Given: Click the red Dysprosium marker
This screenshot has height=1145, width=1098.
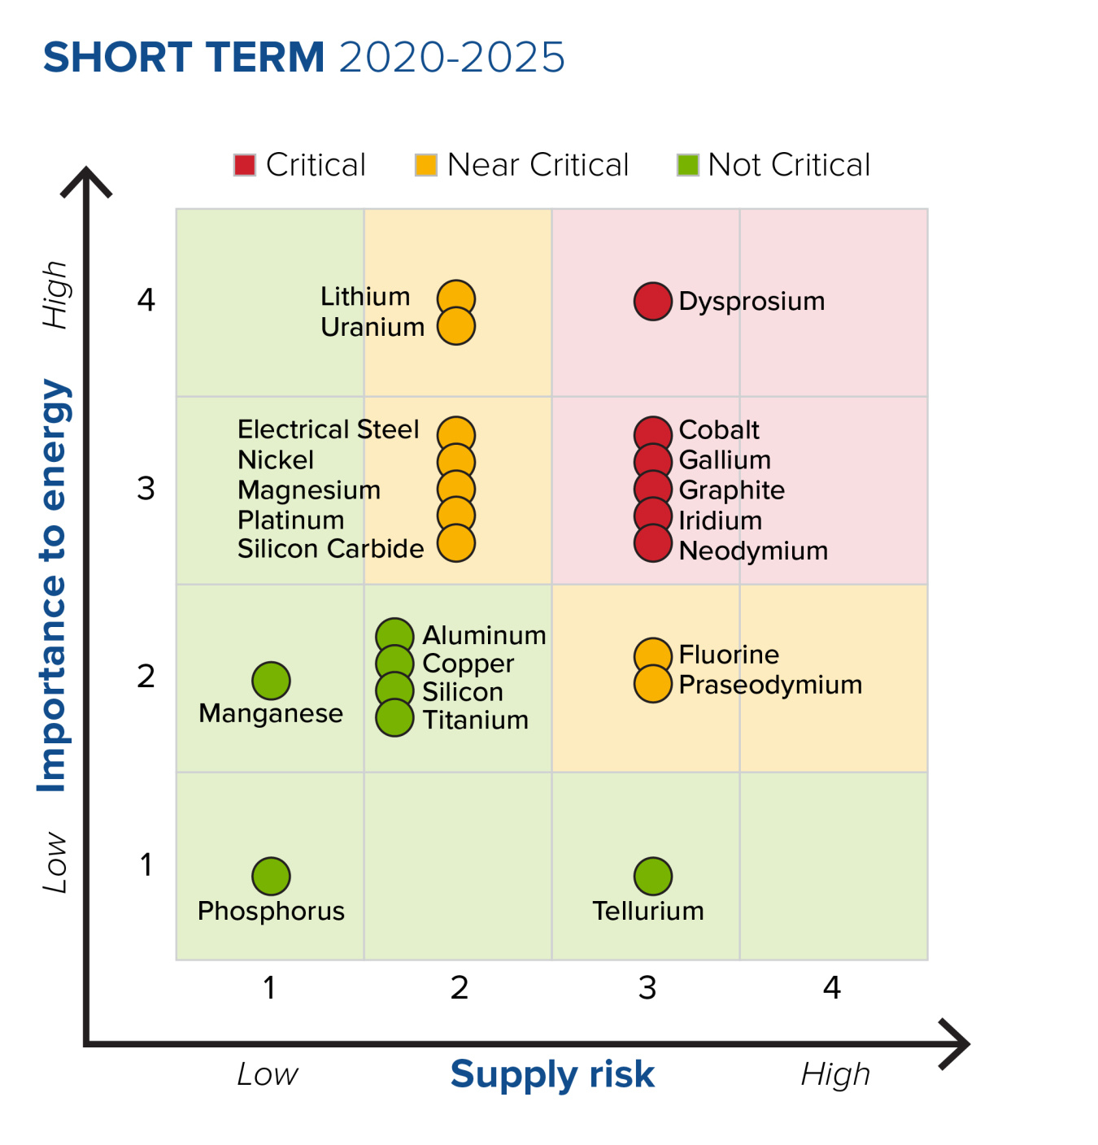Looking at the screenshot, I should (x=652, y=302).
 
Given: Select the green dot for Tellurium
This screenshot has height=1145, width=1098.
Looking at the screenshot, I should (x=652, y=876).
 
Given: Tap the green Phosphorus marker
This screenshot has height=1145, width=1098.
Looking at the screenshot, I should (x=271, y=876).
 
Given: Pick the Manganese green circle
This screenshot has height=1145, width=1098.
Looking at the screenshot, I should (x=271, y=681).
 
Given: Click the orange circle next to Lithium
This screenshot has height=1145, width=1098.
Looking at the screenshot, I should (x=456, y=298).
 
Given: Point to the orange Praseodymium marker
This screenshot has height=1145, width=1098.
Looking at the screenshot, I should (x=652, y=684).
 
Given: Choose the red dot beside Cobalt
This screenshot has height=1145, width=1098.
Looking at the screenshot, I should (x=652, y=433).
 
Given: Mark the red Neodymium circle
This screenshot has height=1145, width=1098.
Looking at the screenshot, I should (x=652, y=544).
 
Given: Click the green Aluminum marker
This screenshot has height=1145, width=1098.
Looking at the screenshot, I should (x=394, y=635).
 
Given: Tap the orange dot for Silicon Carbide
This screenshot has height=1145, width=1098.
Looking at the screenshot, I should (x=456, y=544).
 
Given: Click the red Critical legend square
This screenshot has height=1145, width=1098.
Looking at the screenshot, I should (x=245, y=165).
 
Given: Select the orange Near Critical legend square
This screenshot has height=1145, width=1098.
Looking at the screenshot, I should (x=426, y=165).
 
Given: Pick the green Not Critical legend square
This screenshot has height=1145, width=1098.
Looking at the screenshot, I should (x=688, y=165).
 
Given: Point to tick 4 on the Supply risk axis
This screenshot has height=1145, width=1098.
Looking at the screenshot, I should (x=831, y=988).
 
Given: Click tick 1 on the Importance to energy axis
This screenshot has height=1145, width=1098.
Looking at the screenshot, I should (x=146, y=865).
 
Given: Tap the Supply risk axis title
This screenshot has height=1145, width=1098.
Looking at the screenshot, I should (x=552, y=1074).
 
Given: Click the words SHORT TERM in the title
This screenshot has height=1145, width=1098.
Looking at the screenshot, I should (x=184, y=58).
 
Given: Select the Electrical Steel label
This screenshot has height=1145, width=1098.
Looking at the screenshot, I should (x=328, y=429).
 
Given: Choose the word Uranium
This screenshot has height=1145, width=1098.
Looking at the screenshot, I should (x=373, y=327).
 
